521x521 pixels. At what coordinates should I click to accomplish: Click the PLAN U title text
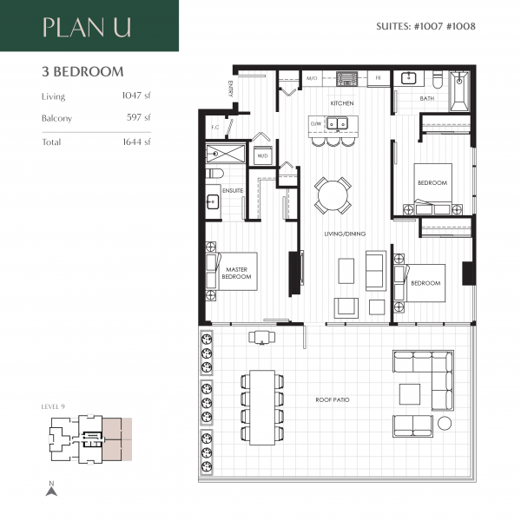[x=87, y=27]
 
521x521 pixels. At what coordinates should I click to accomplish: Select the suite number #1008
[x=461, y=26]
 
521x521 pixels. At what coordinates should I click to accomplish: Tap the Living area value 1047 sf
[x=136, y=96]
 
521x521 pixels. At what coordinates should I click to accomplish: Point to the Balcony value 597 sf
[x=139, y=117]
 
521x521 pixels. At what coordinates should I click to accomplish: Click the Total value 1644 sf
[x=136, y=142]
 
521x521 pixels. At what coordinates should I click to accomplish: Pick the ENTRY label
[x=231, y=89]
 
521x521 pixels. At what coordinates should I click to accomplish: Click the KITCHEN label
[x=342, y=103]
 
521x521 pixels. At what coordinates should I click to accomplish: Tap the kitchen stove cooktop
[x=346, y=78]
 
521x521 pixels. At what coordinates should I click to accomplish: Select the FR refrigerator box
[x=379, y=78]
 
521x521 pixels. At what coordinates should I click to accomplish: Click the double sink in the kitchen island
[x=337, y=123]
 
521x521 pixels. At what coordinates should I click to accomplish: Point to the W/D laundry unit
[x=263, y=155]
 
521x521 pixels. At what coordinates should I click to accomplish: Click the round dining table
[x=333, y=195]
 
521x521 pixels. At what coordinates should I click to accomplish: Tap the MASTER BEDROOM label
[x=236, y=273]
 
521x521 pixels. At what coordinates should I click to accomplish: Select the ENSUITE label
[x=233, y=191]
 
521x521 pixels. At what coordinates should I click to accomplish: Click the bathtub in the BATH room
[x=459, y=91]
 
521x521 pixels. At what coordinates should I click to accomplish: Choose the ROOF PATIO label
[x=333, y=399]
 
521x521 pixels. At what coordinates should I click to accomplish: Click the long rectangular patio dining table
[x=262, y=408]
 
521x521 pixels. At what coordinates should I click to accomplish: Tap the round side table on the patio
[x=445, y=424]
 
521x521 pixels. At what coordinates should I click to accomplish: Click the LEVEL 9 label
[x=53, y=406]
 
